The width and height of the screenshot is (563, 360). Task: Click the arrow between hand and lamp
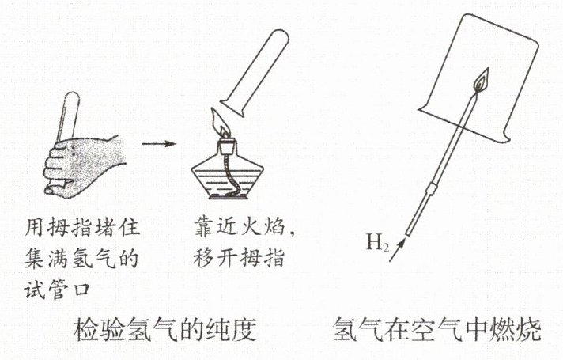point(159,144)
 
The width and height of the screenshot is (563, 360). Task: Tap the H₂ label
point(378,243)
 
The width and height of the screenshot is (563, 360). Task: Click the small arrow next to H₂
point(397,250)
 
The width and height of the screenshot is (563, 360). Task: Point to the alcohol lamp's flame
point(220,122)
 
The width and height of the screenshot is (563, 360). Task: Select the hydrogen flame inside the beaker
point(482,81)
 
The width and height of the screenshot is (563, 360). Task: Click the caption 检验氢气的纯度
point(164,329)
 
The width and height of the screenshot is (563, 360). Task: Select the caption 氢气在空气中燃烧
point(436,329)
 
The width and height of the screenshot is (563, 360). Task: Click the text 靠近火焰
point(240,227)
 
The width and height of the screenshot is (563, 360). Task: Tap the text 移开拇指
point(239,257)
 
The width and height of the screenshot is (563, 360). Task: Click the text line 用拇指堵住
point(82,227)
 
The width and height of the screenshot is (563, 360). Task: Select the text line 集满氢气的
point(81,258)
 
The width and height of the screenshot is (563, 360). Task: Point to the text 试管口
point(58,290)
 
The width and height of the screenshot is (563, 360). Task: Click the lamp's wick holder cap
point(227,146)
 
